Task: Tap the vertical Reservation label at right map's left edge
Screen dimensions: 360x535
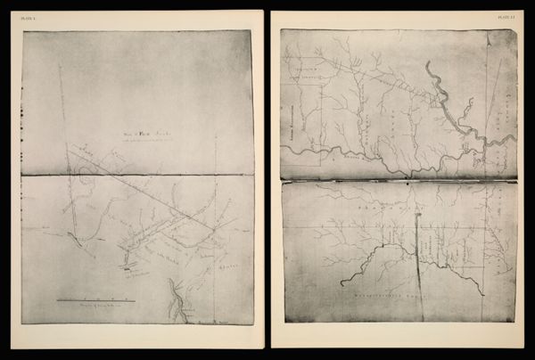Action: coord(291,115)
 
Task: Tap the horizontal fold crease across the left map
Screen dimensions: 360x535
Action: coord(134,175)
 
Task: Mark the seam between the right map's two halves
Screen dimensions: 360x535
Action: coord(398,181)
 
